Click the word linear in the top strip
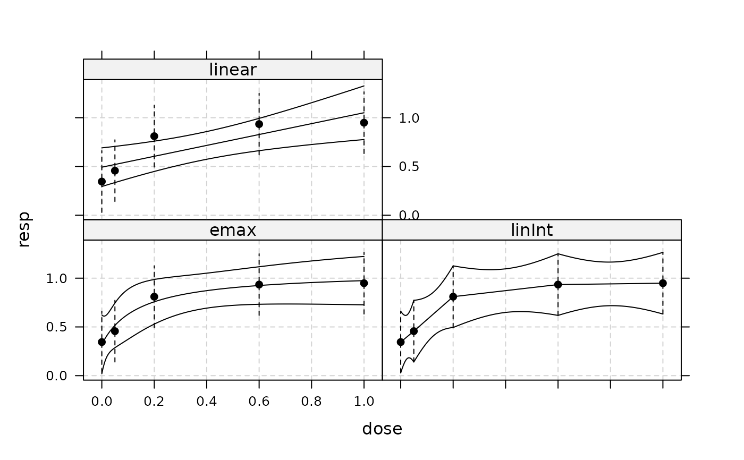point(233,70)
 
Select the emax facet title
point(233,230)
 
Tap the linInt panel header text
point(531,230)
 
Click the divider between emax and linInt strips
point(382,230)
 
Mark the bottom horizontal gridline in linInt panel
point(531,376)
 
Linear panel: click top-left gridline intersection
point(102,117)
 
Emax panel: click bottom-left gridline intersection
point(102,376)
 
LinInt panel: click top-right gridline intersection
point(663,278)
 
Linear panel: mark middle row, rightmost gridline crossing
point(364,166)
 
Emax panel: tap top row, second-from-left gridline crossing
point(155,278)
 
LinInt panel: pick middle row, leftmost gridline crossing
point(401,327)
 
